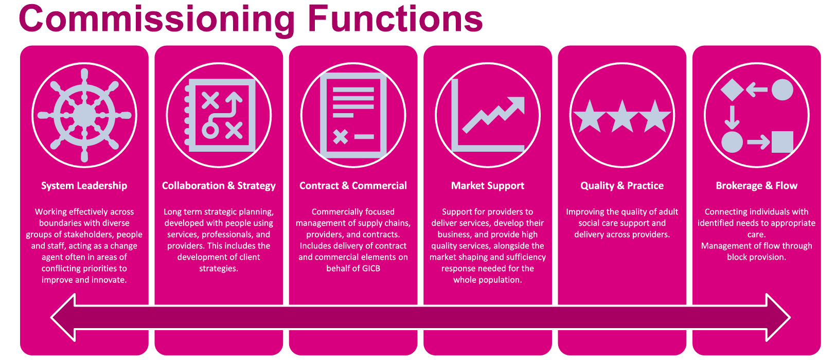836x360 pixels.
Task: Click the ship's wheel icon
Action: pyautogui.click(x=84, y=115)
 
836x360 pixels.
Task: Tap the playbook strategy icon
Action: pyautogui.click(x=219, y=115)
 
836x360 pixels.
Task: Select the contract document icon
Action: pyautogui.click(x=353, y=115)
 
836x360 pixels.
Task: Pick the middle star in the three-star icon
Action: pyautogui.click(x=622, y=116)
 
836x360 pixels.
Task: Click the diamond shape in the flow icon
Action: pyautogui.click(x=732, y=90)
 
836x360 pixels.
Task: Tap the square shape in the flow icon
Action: pyautogui.click(x=782, y=142)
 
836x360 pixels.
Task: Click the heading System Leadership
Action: pyautogui.click(x=84, y=186)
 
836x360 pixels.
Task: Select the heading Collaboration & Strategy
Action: pyautogui.click(x=219, y=186)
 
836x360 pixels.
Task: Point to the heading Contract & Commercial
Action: pyautogui.click(x=353, y=186)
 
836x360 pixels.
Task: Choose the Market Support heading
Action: pyautogui.click(x=488, y=186)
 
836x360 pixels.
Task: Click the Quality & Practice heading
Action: pyautogui.click(x=622, y=186)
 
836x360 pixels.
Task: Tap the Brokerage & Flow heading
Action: pyautogui.click(x=756, y=186)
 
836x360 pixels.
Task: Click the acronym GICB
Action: pyautogui.click(x=367, y=268)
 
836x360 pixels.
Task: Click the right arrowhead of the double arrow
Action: pyautogui.click(x=777, y=317)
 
